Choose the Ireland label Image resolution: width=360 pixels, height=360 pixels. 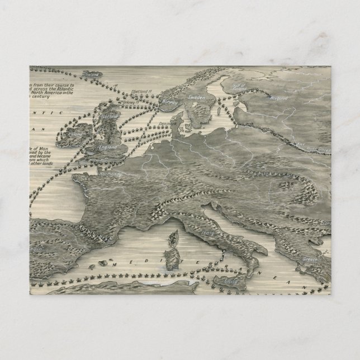75,134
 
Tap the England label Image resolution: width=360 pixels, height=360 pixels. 108,147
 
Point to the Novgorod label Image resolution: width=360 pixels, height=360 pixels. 280,97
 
